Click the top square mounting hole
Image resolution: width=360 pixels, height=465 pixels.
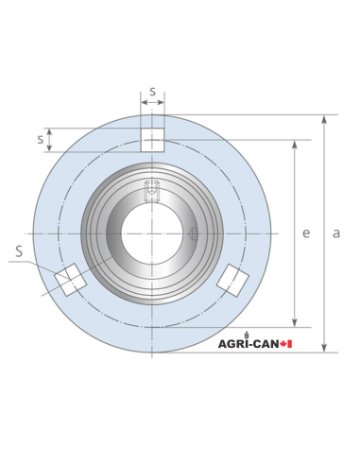[152, 139]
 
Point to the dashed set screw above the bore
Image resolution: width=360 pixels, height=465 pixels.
[151, 192]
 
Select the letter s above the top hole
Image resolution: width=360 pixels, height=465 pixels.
[152, 92]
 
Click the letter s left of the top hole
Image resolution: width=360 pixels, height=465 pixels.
[41, 139]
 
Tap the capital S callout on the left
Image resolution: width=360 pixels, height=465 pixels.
[19, 251]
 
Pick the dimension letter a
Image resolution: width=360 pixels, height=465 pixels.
[335, 232]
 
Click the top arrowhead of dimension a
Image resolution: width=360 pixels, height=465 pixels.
[324, 120]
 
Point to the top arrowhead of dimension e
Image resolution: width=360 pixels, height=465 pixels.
[295, 146]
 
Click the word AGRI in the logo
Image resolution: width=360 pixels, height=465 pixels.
[232, 343]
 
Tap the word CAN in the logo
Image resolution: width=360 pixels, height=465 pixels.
[269, 343]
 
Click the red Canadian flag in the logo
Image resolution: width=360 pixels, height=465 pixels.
[288, 343]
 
